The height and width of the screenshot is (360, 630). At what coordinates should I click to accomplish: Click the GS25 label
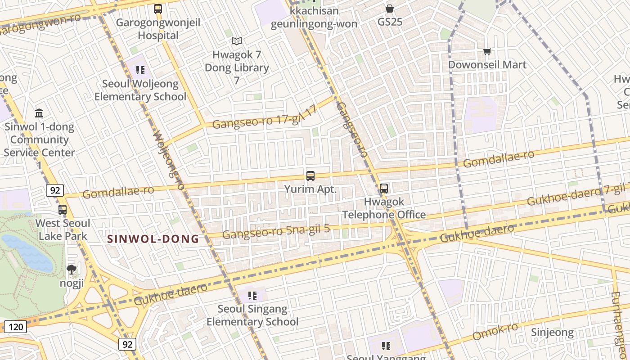tap(390, 22)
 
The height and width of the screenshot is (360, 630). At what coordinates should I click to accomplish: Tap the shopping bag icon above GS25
tap(390, 9)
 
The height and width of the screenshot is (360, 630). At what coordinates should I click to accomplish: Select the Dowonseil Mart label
tap(487, 65)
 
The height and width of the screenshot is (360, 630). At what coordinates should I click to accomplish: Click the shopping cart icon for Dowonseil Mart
tap(487, 52)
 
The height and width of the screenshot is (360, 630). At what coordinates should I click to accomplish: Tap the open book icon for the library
tap(237, 41)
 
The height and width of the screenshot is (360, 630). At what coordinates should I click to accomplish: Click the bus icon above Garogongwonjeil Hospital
tap(158, 9)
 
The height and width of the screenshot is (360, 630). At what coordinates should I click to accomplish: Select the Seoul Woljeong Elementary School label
tap(140, 90)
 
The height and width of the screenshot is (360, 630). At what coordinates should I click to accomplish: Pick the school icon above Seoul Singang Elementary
tap(252, 296)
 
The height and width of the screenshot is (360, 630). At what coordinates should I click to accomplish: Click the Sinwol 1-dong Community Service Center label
tap(39, 139)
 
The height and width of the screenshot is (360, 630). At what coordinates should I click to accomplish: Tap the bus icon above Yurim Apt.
tap(310, 176)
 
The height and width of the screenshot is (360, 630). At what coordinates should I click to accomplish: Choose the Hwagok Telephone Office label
tap(384, 208)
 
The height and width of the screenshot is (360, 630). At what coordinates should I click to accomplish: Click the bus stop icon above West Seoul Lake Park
tap(63, 209)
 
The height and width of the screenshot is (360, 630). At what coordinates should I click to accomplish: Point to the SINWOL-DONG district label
tap(153, 239)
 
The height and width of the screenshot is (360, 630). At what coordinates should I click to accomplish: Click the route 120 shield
tap(16, 327)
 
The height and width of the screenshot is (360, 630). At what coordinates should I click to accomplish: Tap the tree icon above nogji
tap(71, 270)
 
